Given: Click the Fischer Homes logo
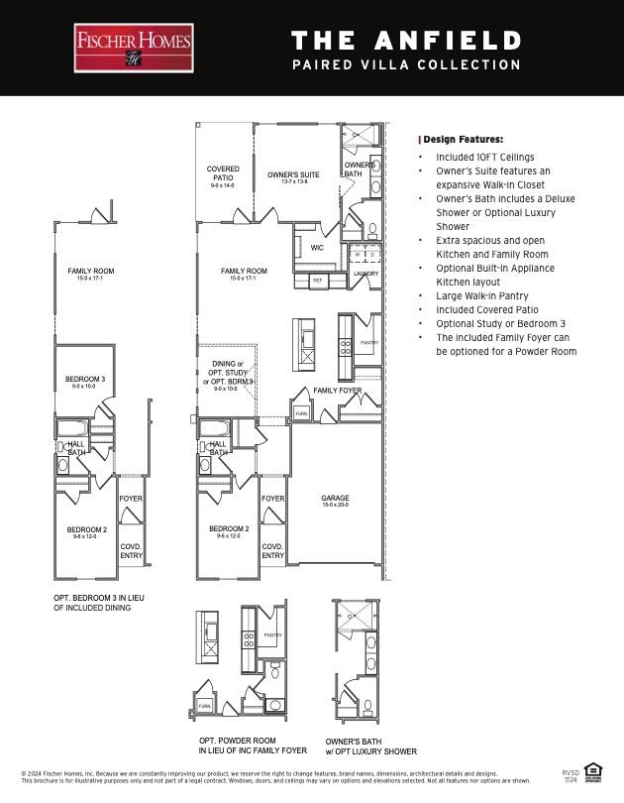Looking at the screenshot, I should [134, 48].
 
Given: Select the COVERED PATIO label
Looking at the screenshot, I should [222, 176].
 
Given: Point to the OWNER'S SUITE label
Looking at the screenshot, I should [294, 176].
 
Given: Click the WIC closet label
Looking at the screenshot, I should [317, 248].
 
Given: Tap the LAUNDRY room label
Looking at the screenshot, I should [365, 274].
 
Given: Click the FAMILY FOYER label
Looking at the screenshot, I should [338, 391].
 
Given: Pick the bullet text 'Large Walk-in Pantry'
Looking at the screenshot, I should [482, 295].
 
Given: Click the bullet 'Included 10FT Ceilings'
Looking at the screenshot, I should [485, 157].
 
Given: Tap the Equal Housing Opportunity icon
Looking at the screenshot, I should [593, 770].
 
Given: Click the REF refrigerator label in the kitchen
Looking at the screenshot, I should [317, 281].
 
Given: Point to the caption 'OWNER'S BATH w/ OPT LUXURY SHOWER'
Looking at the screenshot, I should [370, 746].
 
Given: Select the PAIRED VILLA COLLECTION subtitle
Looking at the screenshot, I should [406, 65].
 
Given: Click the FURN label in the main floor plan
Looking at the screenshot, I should [301, 414].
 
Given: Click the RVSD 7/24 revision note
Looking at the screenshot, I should [571, 775].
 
